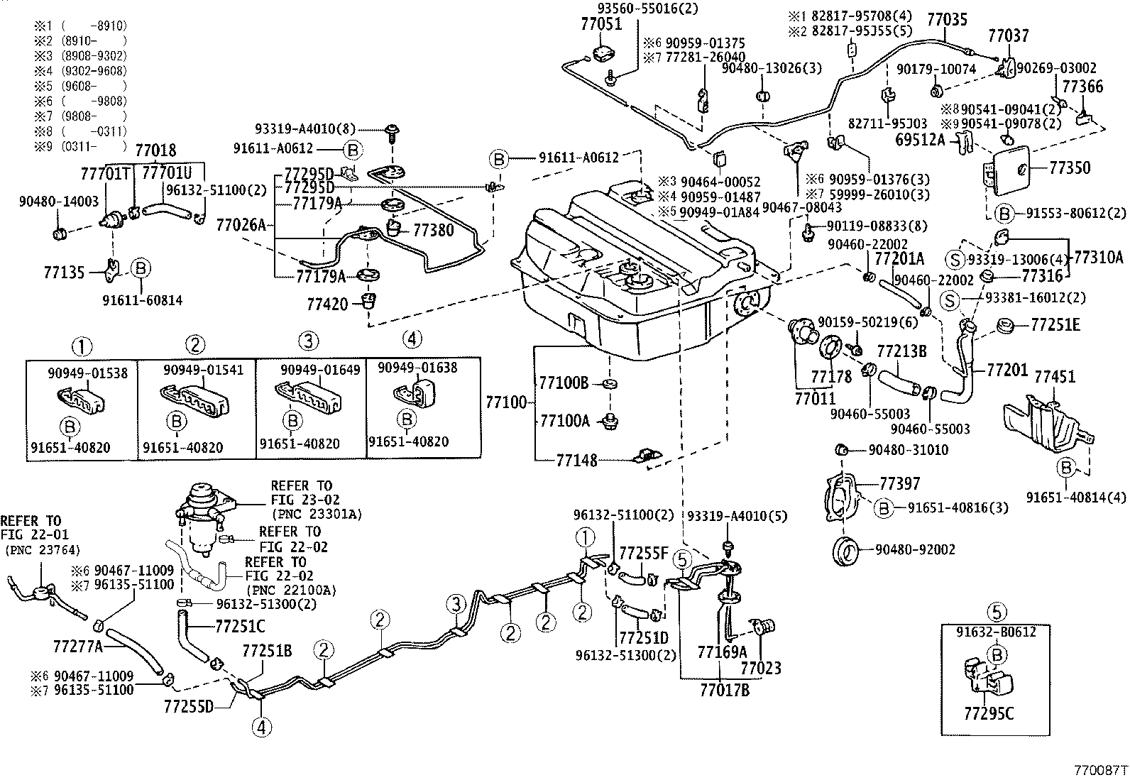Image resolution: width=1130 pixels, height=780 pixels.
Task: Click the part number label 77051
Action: pyautogui.click(x=600, y=23)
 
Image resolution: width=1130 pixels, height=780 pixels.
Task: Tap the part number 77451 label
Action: pyautogui.click(x=1055, y=376)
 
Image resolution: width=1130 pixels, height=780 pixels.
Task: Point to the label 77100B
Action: pyautogui.click(x=564, y=384)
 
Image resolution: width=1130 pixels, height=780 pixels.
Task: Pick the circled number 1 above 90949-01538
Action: pyautogui.click(x=82, y=346)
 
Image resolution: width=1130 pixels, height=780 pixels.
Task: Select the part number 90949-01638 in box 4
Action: pyautogui.click(x=417, y=368)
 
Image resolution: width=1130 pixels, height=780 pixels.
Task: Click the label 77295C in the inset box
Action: pyautogui.click(x=989, y=713)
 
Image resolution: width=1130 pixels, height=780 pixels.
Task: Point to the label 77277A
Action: pyautogui.click(x=77, y=646)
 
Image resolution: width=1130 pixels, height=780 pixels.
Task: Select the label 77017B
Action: pyautogui.click(x=724, y=688)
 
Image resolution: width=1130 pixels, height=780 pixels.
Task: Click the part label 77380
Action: pyautogui.click(x=432, y=231)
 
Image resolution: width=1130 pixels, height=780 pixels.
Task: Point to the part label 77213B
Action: pyautogui.click(x=901, y=351)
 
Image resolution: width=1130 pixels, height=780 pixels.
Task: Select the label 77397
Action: pyautogui.click(x=899, y=484)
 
